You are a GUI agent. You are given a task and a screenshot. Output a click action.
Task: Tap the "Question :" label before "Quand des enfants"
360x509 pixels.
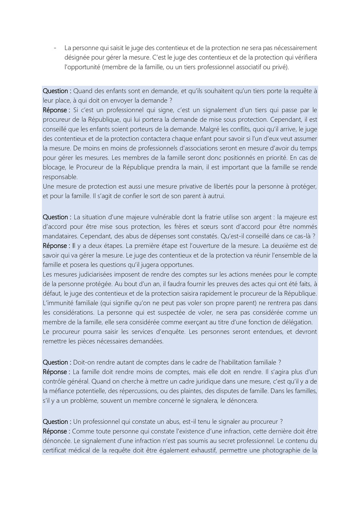click(57, 91)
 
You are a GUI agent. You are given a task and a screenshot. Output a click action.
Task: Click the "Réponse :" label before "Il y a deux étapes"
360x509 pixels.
click(56, 246)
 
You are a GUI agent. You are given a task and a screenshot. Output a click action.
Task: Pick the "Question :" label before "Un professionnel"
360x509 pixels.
click(57, 422)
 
